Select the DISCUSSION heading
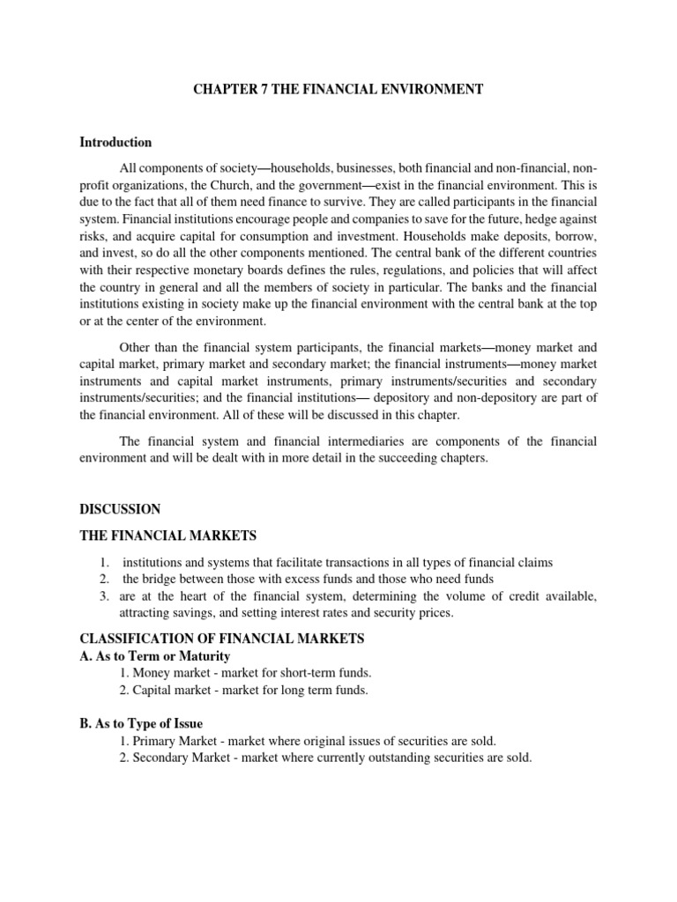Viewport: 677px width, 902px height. pyautogui.click(x=120, y=509)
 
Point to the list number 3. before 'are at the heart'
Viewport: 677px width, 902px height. pyautogui.click(x=104, y=596)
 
